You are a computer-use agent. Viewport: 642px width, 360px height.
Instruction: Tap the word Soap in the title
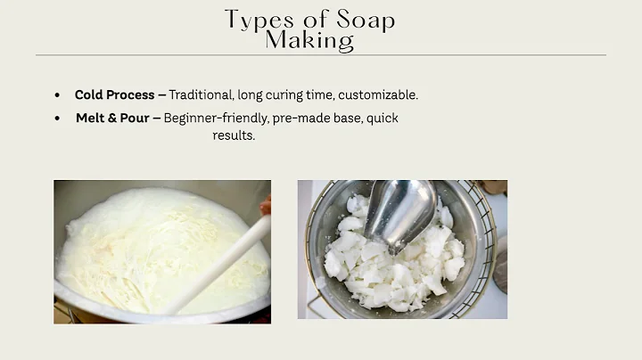pyautogui.click(x=362, y=19)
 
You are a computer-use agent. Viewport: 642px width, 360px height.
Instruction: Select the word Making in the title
pyautogui.click(x=309, y=40)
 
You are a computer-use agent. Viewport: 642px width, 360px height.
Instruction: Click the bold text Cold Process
pyautogui.click(x=113, y=94)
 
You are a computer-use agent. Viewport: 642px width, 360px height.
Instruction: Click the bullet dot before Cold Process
pyautogui.click(x=58, y=95)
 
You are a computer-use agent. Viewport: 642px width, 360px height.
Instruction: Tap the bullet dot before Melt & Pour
pyautogui.click(x=58, y=119)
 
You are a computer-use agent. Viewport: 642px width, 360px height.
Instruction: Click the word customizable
pyautogui.click(x=380, y=94)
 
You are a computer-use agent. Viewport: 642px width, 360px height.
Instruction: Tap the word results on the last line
pyautogui.click(x=234, y=135)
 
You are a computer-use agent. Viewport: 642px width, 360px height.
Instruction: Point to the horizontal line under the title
pyautogui.click(x=320, y=55)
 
